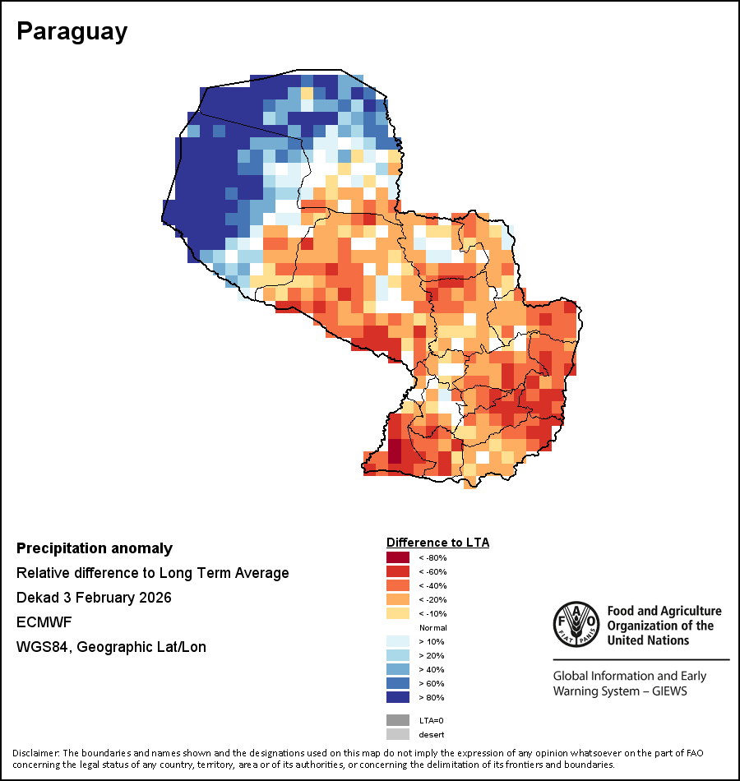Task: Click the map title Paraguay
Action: point(72,31)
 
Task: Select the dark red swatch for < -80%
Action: point(397,557)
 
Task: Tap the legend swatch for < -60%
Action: point(397,571)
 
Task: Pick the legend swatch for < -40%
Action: point(397,585)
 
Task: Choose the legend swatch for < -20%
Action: point(397,599)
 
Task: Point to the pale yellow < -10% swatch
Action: point(397,613)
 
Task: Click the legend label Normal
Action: point(432,627)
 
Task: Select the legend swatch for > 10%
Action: point(397,641)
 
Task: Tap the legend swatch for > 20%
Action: point(397,655)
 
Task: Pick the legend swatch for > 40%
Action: point(397,669)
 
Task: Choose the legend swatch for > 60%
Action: point(397,683)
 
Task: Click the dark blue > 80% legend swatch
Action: point(397,697)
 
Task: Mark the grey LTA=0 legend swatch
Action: point(397,720)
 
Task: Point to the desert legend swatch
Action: point(397,734)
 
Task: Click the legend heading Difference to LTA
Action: point(437,543)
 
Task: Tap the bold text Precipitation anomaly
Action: point(95,548)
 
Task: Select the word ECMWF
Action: point(44,622)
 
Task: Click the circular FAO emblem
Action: point(576,624)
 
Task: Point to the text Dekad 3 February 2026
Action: point(94,598)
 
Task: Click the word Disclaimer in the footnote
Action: point(35,753)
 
